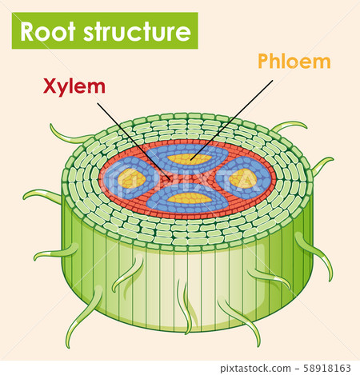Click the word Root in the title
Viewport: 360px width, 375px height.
point(49,32)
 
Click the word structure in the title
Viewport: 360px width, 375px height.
point(135,32)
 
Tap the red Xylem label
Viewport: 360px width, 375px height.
point(73,86)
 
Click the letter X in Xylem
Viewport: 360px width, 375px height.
point(49,86)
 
